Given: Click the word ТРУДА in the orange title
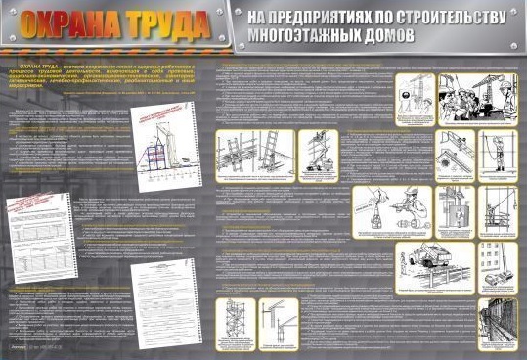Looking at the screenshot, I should [x=155, y=26].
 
